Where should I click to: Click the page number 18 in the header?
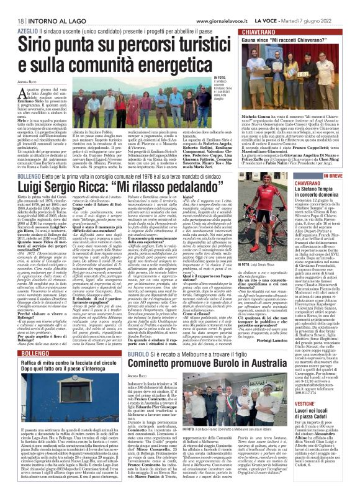click(12, 5)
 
